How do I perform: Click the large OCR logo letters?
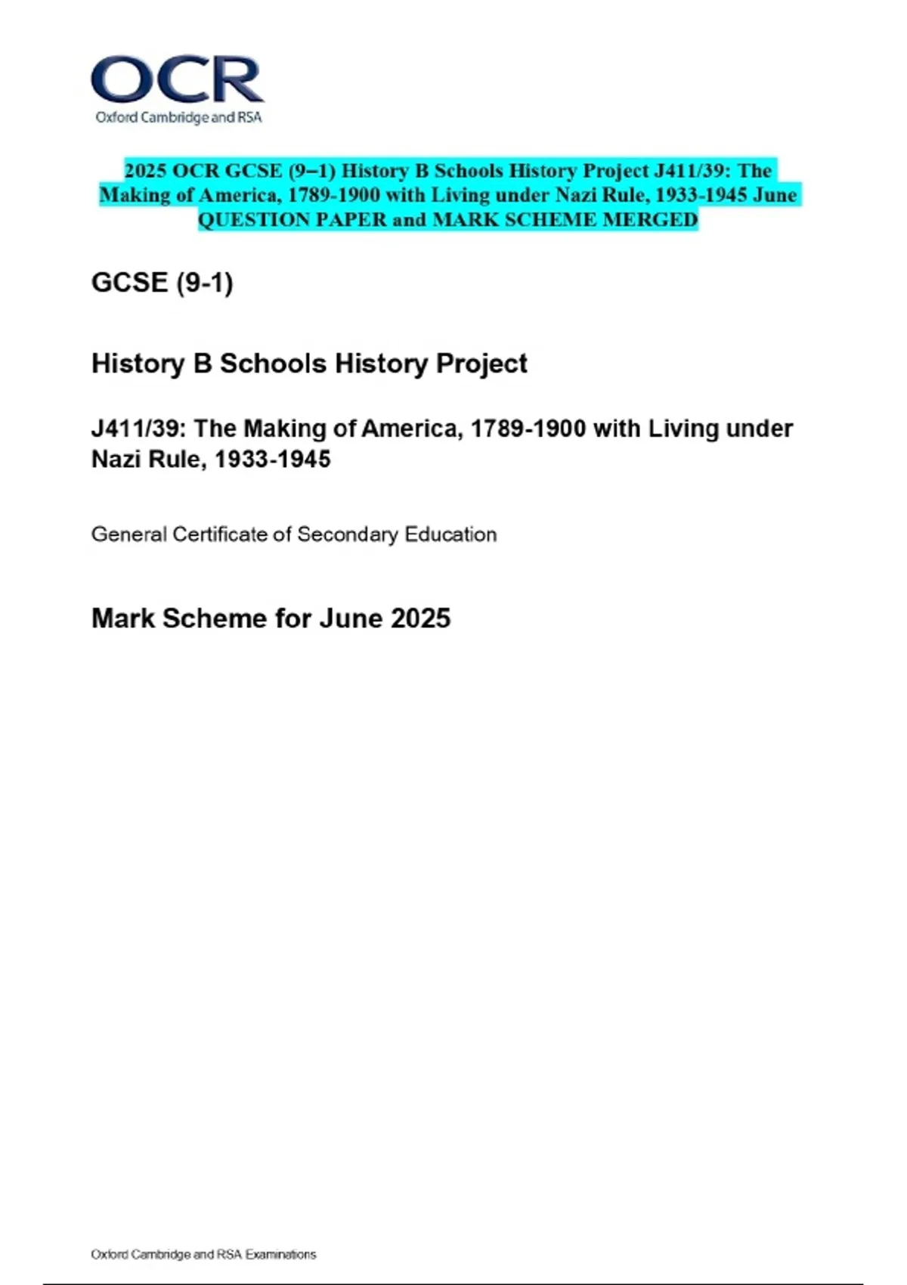(177, 79)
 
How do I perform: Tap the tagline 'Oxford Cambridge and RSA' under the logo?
(178, 117)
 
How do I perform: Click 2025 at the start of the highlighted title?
(146, 171)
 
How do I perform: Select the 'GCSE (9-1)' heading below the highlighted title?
(162, 283)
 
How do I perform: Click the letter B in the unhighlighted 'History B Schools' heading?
(203, 364)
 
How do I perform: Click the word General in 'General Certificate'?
(128, 534)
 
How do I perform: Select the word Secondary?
(347, 534)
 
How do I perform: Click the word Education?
(450, 534)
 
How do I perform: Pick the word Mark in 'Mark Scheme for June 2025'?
(123, 618)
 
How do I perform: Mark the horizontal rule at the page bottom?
(453, 1283)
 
